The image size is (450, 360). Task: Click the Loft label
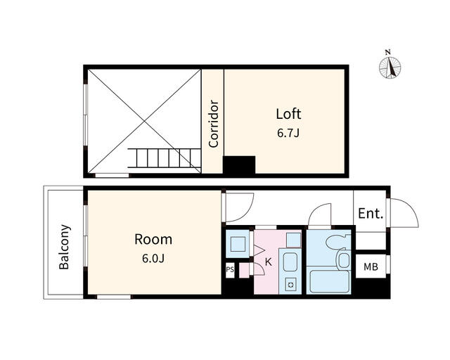288,114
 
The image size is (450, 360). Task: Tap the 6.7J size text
288,133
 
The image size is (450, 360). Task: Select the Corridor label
214,124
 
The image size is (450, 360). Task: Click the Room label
153,240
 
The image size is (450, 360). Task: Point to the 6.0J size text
153,259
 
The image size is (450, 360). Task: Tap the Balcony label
64,247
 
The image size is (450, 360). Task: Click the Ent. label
371,214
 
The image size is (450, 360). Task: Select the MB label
371,267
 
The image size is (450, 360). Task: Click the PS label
230,269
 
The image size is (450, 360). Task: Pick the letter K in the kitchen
269,262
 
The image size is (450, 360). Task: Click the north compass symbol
390,66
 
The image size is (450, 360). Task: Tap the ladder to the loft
164,158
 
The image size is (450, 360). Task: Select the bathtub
329,282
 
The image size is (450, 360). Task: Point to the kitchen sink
290,262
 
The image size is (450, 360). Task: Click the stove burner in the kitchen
290,285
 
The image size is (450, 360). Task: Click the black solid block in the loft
239,165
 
